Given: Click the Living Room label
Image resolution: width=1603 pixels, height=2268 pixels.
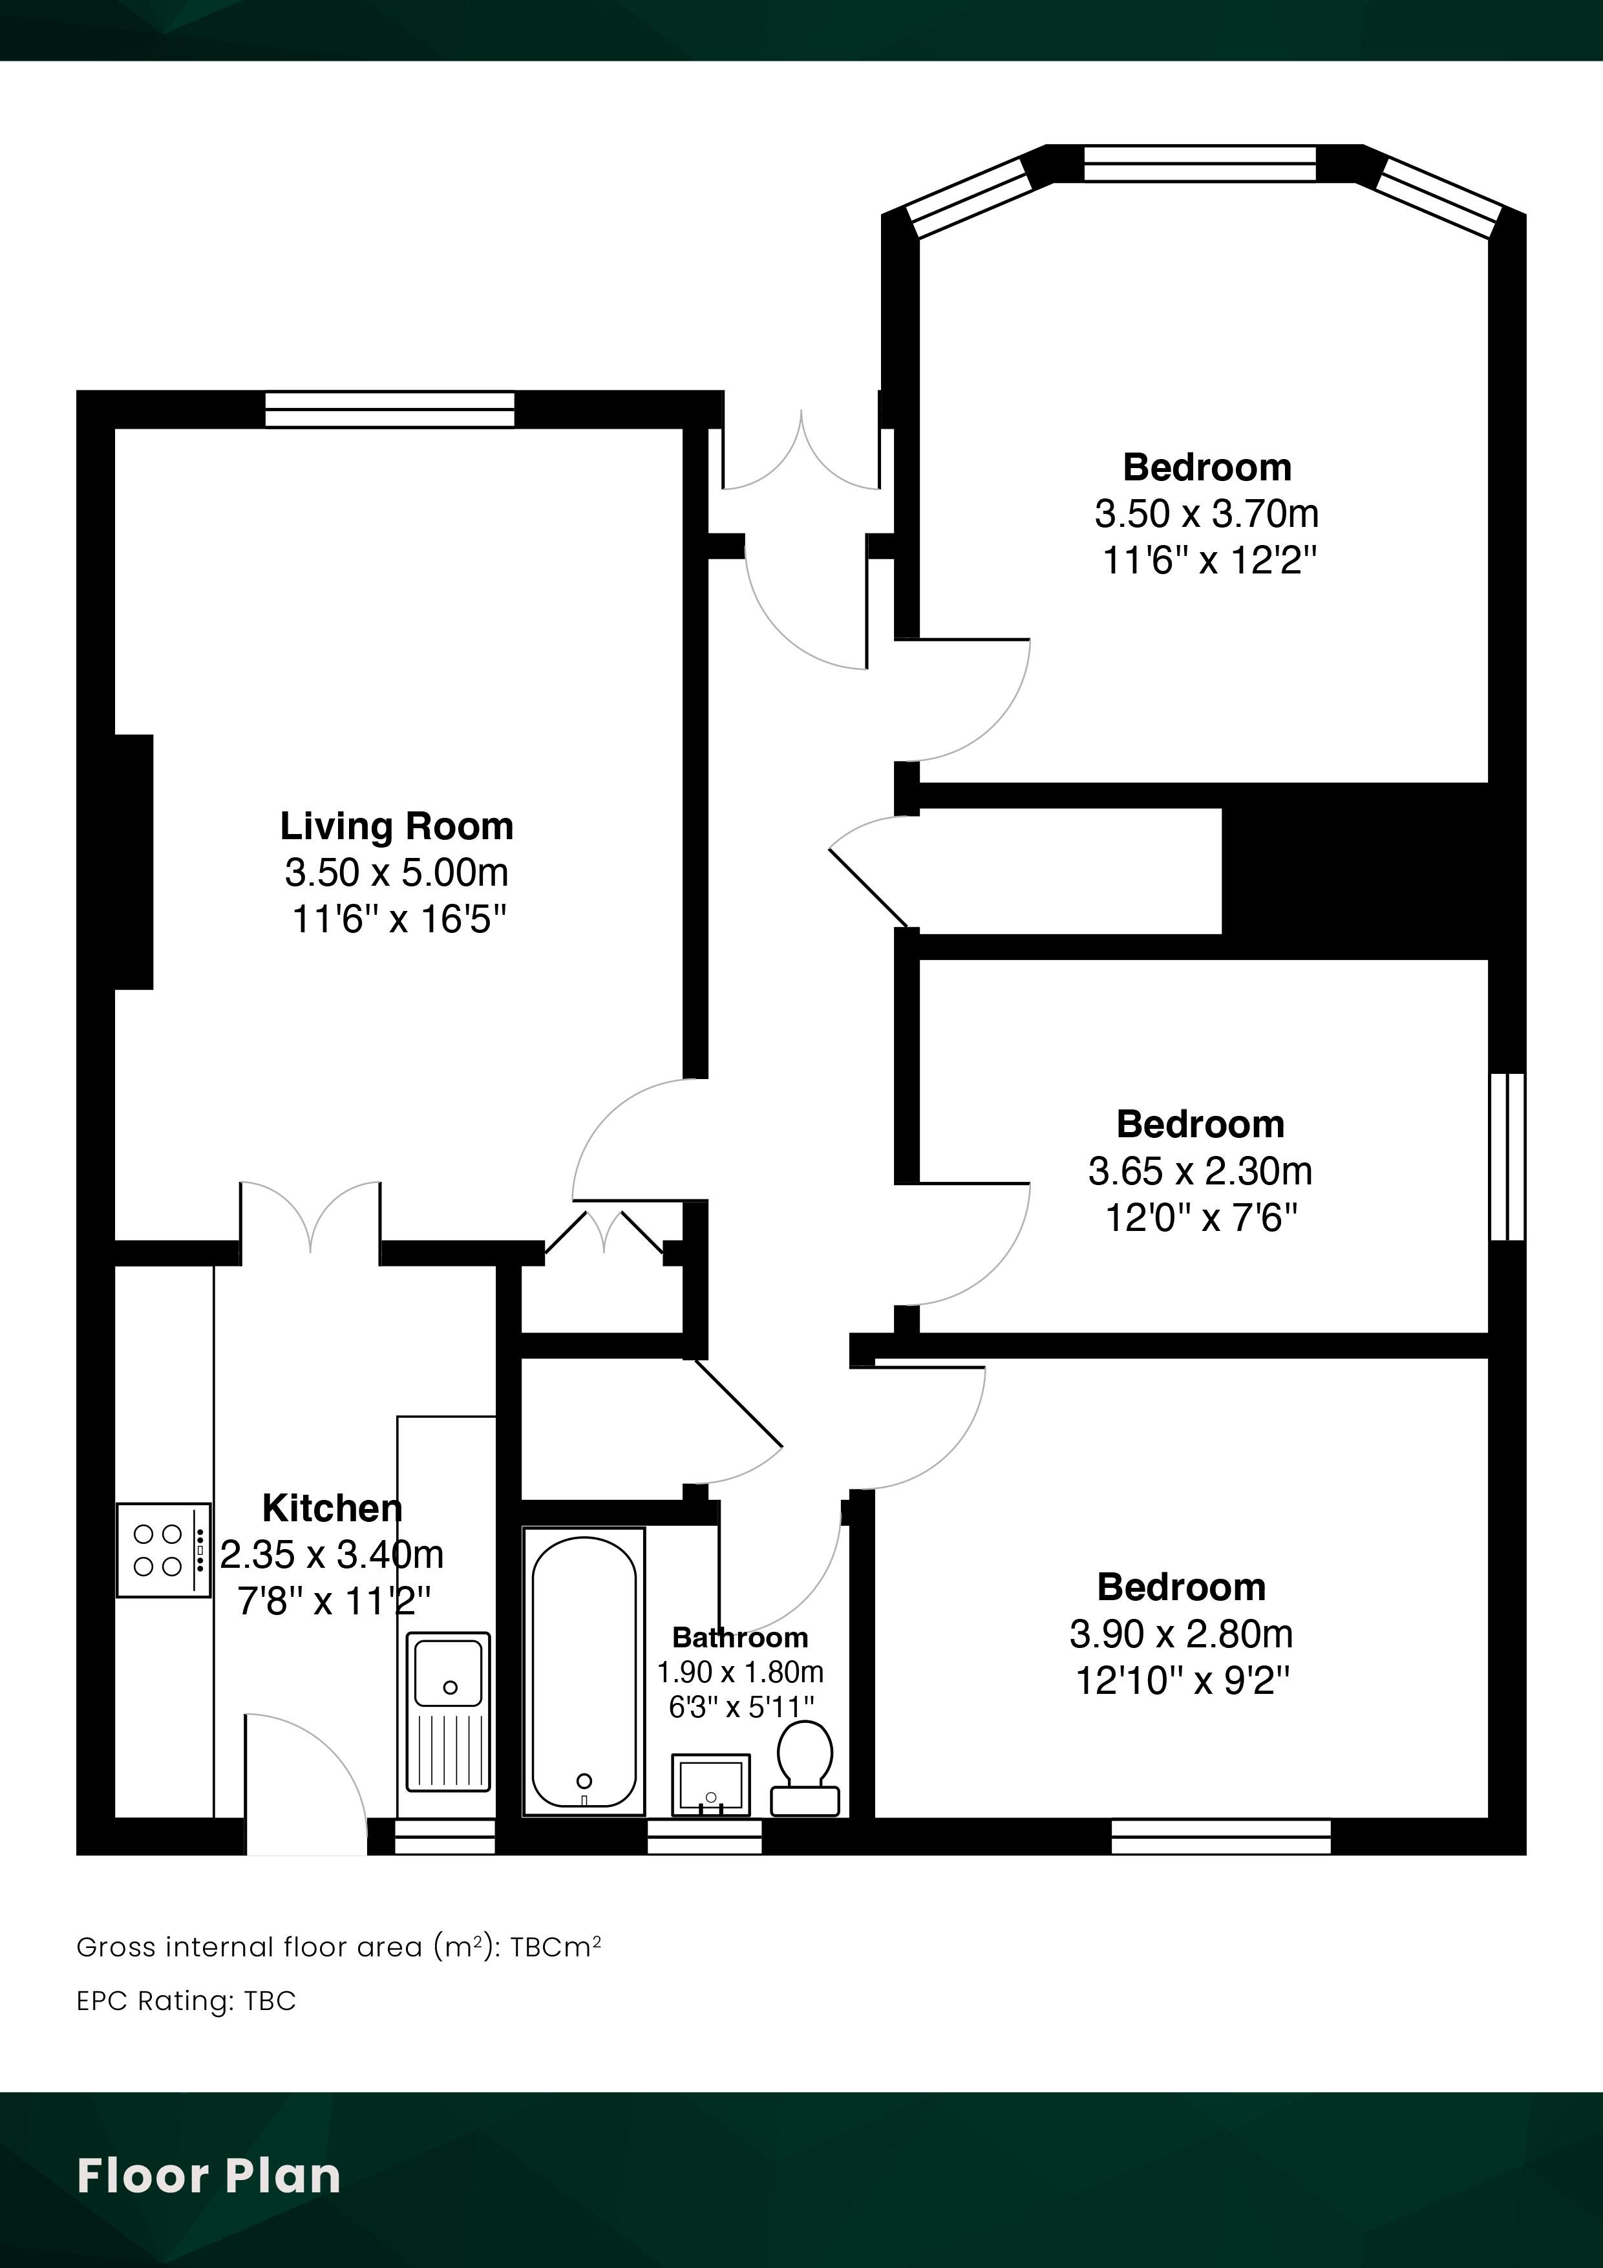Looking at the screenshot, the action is tap(397, 826).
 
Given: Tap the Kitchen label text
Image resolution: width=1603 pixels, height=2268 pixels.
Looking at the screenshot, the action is tap(332, 1508).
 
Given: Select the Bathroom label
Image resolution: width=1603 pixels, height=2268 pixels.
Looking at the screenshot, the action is tap(739, 1638).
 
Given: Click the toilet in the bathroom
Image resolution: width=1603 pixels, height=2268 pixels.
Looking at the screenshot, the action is tap(804, 1768).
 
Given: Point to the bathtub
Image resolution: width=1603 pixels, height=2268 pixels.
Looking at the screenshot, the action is tap(584, 1671).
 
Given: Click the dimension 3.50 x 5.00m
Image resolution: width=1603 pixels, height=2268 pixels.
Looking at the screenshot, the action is tap(397, 872).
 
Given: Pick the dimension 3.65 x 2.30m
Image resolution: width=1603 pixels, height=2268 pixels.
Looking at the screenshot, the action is tap(1200, 1171).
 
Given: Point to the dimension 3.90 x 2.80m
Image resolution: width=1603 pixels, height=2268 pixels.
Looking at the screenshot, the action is tap(1182, 1634).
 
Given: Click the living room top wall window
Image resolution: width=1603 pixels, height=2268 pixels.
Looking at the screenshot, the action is tap(390, 410).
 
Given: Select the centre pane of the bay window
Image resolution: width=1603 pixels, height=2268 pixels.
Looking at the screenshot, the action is tap(1200, 164).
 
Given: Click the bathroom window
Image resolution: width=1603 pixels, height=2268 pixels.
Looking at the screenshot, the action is tap(705, 1836).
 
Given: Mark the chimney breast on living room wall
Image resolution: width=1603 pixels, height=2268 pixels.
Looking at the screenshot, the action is tap(133, 861).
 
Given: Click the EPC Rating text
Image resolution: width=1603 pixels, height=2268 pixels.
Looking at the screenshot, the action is tap(186, 2000).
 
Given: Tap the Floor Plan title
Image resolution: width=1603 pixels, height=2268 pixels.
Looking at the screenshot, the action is tap(208, 2176).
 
